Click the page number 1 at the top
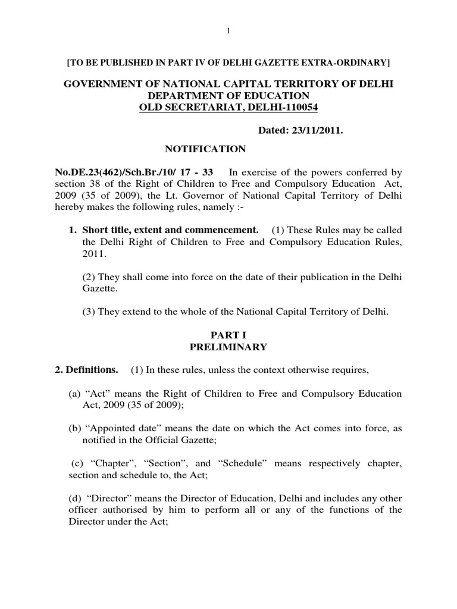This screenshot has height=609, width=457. tap(228, 32)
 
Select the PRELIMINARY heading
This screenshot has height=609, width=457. tap(228, 347)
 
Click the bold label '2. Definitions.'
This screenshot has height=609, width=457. tap(86, 370)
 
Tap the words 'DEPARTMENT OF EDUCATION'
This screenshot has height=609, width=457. tap(228, 96)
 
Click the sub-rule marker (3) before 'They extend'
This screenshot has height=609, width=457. tap(88, 310)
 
